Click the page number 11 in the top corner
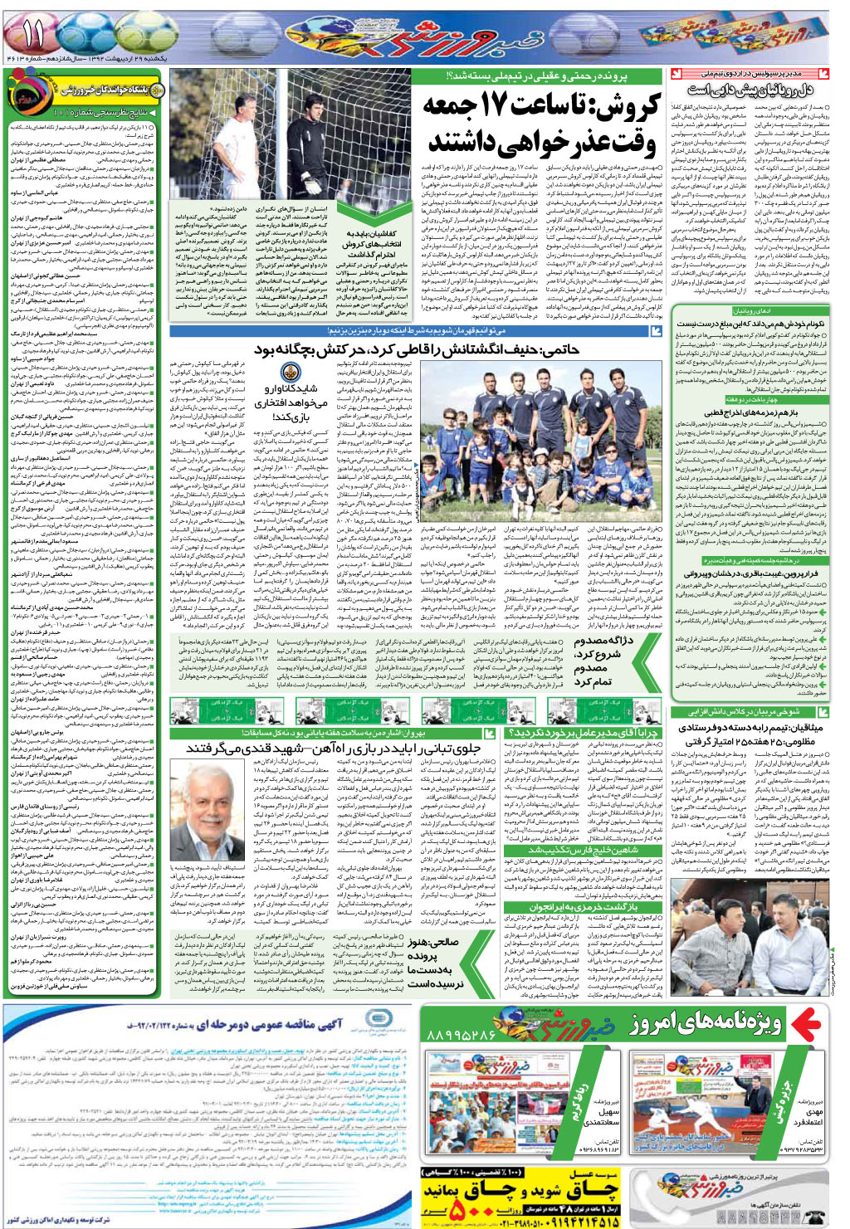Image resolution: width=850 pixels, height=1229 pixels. pyautogui.click(x=33, y=34)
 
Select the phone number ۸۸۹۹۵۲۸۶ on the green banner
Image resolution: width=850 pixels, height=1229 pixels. pyautogui.click(x=461, y=1036)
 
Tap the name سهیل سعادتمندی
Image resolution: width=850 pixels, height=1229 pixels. pyautogui.click(x=607, y=1117)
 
